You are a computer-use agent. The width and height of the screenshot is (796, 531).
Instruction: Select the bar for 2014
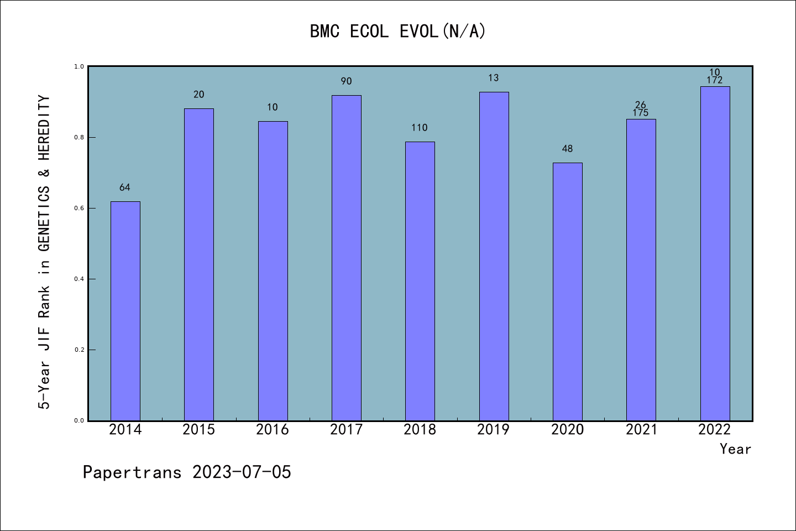(125, 311)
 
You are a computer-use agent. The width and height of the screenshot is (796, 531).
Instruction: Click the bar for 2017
(347, 258)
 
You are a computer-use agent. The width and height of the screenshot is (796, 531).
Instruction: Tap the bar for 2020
(568, 291)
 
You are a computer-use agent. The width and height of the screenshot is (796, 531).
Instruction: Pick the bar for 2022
(715, 253)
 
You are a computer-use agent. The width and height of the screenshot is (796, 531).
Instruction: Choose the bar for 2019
(494, 256)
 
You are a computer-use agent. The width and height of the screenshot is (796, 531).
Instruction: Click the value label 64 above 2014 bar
(125, 188)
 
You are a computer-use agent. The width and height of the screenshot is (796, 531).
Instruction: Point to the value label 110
(420, 128)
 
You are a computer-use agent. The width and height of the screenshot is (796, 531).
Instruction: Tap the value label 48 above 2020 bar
(567, 149)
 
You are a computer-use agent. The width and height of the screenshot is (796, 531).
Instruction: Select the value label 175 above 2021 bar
(641, 113)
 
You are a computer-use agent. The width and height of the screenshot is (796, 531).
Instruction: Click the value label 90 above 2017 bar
(346, 81)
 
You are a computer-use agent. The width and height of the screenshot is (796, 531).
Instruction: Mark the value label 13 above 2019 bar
(494, 78)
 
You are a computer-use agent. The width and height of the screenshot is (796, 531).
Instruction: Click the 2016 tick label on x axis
(273, 430)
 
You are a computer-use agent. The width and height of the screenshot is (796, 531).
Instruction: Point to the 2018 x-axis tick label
(420, 430)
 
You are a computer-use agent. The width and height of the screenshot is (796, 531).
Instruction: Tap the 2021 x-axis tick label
(641, 430)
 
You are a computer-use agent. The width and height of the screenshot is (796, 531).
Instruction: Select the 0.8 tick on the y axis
(79, 137)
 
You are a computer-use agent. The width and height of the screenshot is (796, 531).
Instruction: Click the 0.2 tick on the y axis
(79, 350)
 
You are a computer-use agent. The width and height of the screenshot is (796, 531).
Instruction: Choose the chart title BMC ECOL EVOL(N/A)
(397, 32)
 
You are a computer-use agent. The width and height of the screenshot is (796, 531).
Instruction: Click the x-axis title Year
(735, 449)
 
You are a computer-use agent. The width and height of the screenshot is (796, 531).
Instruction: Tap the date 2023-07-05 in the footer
(242, 472)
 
